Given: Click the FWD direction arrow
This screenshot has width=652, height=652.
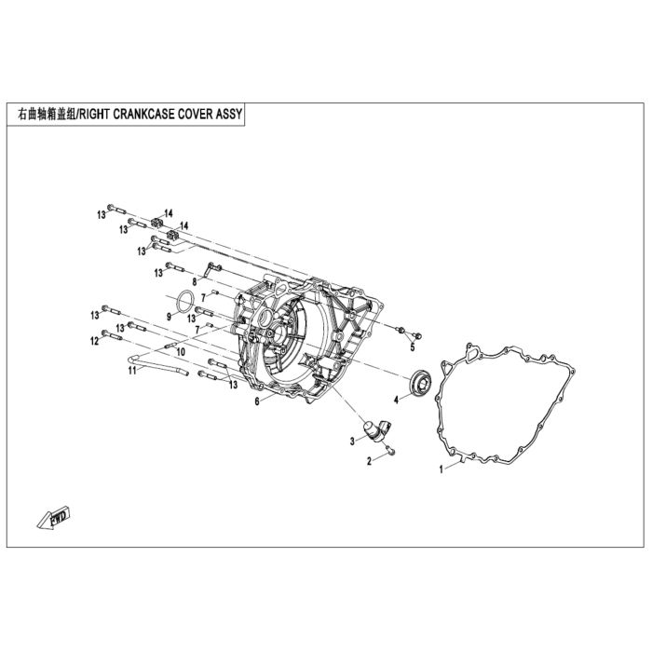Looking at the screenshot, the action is (54, 517).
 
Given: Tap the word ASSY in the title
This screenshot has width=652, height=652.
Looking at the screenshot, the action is (229, 114).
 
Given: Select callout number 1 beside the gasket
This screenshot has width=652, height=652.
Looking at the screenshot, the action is (441, 469).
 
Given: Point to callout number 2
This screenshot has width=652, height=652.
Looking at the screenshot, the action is (369, 461).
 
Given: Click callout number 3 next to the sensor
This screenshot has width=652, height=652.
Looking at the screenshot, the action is (352, 441).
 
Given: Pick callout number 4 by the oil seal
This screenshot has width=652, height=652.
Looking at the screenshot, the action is (396, 400).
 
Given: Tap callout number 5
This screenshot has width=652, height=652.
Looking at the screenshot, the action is (413, 346).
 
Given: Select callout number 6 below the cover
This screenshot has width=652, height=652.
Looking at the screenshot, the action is (257, 401).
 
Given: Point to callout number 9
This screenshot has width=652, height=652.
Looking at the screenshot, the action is (169, 317).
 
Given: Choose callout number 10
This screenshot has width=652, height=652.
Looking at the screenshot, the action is (180, 352).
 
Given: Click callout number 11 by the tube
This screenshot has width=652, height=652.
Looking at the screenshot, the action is (132, 370).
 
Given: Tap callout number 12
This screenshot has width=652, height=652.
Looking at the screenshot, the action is (95, 341).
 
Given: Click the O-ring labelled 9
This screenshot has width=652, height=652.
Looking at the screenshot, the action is (185, 301).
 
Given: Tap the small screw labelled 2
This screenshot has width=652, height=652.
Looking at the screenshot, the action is (391, 450).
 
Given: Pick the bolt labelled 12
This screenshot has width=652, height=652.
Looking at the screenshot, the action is (112, 334).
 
